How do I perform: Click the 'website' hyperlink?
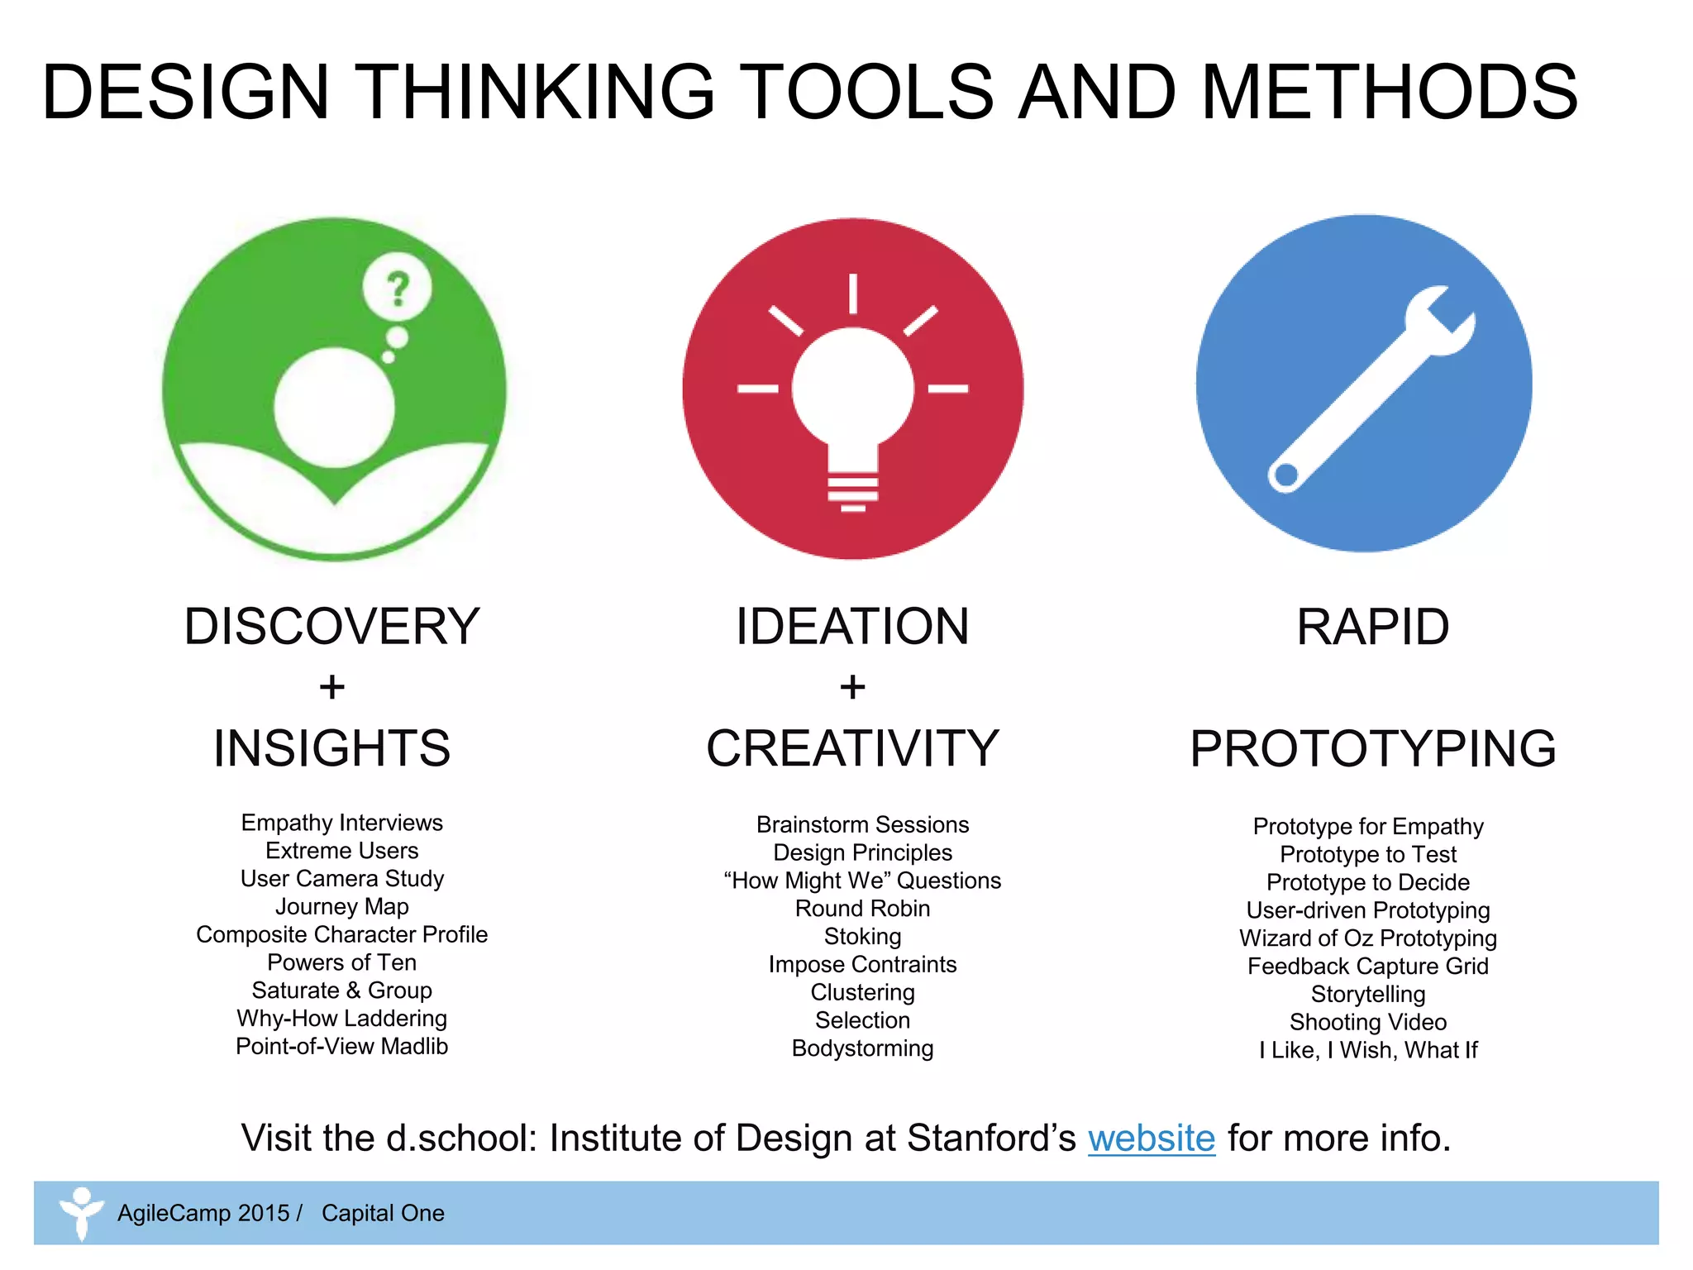[x=1151, y=1139]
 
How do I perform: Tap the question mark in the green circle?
[x=398, y=289]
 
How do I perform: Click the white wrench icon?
[x=1372, y=389]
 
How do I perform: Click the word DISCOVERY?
[x=331, y=626]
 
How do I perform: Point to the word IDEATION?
[x=852, y=626]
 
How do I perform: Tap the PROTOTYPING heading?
[x=1372, y=748]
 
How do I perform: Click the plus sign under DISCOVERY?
[x=331, y=687]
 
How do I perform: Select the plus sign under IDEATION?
[x=852, y=687]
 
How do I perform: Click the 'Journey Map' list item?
[x=341, y=907]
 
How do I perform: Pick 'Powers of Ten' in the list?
[x=341, y=962]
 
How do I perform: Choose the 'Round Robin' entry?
[x=862, y=909]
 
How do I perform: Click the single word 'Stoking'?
[x=862, y=937]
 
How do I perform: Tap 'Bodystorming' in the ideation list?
[x=862, y=1048]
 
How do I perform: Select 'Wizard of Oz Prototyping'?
[x=1368, y=938]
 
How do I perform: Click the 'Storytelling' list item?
[x=1368, y=994]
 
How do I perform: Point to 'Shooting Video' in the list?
[x=1368, y=1022]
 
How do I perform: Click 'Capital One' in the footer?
[x=383, y=1213]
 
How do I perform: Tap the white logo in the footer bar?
[x=81, y=1213]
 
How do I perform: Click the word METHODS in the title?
[x=1389, y=92]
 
